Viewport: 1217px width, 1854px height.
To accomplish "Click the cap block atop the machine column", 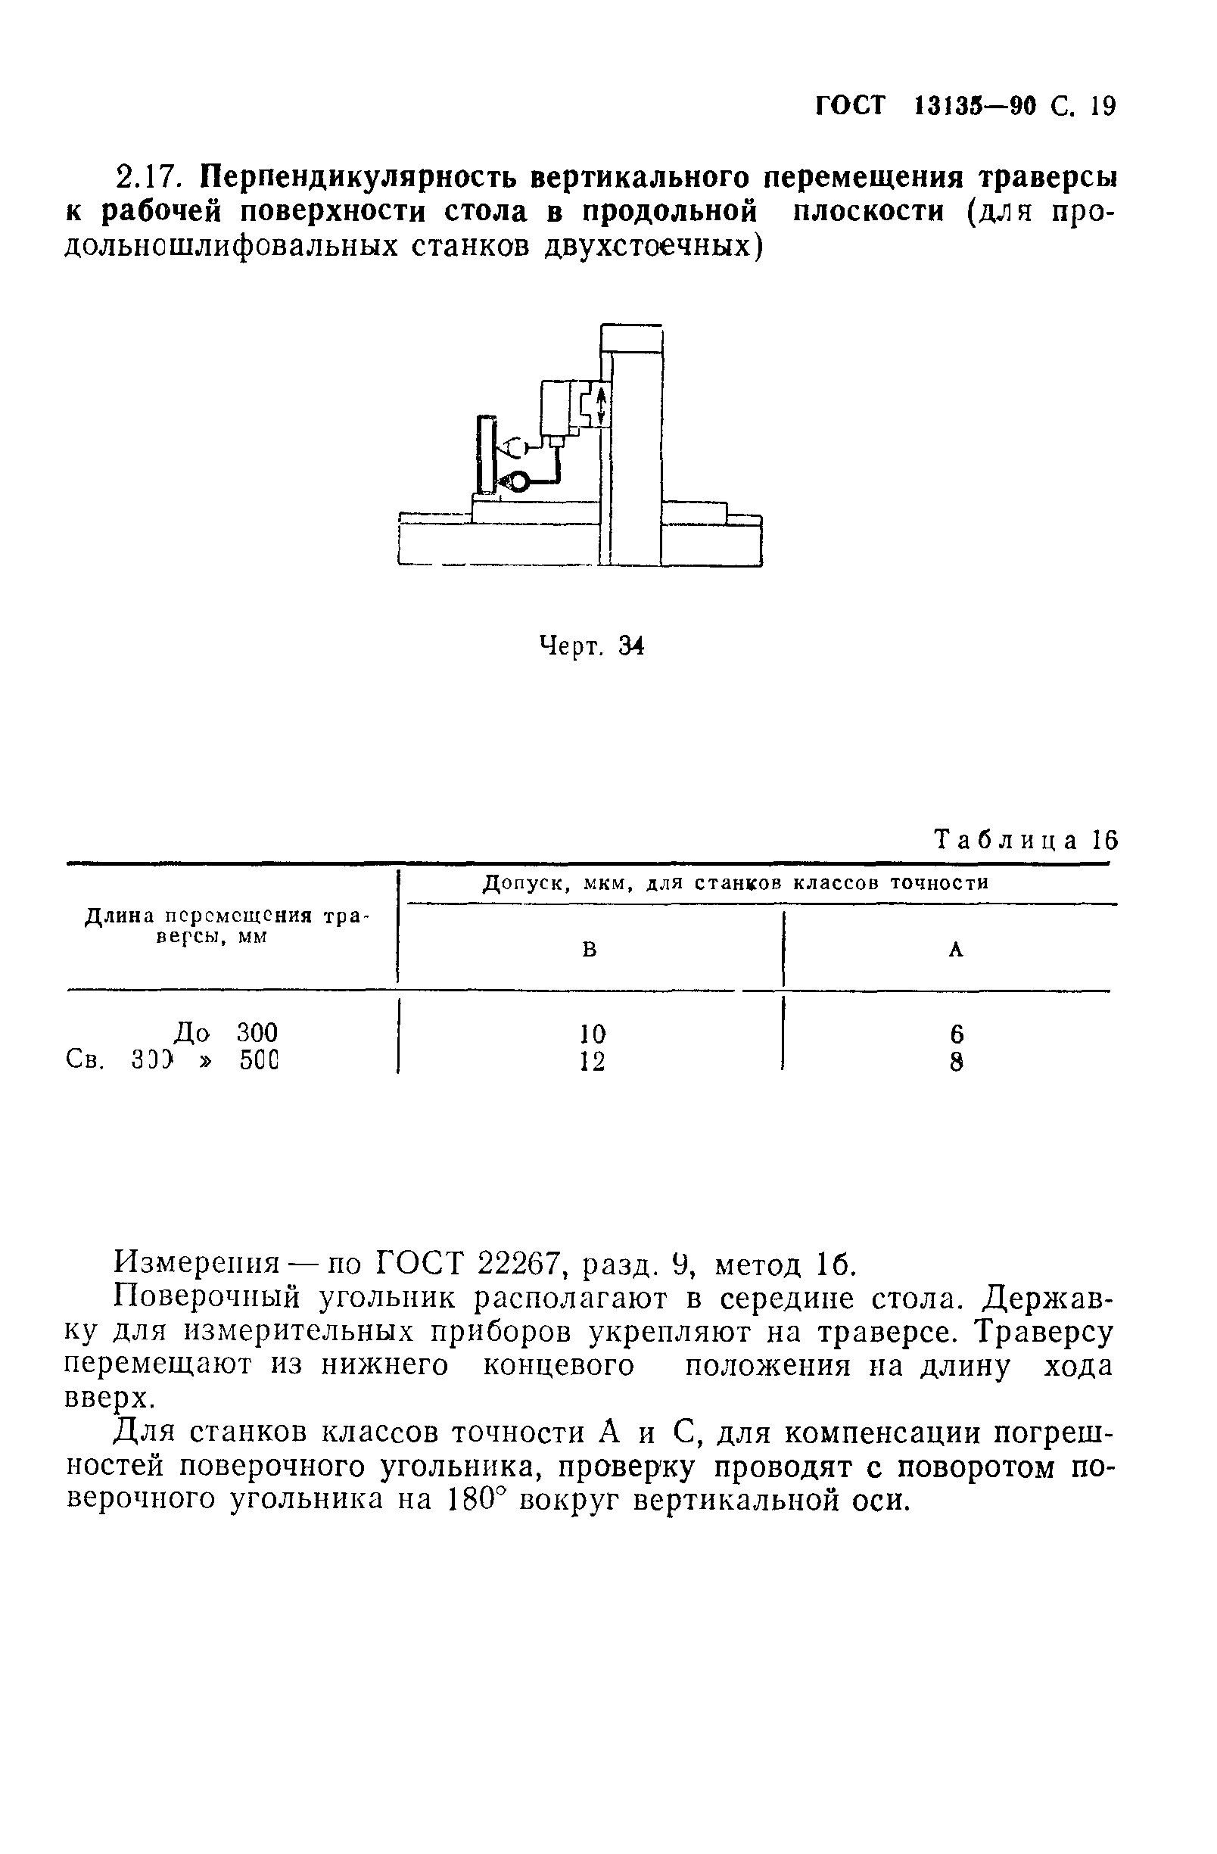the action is (x=632, y=340).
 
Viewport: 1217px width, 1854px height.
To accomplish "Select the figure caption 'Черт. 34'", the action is (x=591, y=645).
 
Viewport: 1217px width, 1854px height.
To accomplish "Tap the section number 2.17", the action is (x=151, y=179).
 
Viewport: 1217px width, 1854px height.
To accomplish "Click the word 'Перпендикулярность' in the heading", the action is (x=359, y=179).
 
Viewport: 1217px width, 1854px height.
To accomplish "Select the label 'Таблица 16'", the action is (x=1026, y=840).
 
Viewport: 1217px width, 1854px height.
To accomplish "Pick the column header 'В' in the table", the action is (x=590, y=950).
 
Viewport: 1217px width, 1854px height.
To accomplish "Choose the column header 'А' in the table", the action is (x=956, y=950).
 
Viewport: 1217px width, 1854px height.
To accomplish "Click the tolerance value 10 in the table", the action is (x=592, y=1034).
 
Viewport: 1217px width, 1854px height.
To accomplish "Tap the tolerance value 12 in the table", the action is (x=592, y=1061).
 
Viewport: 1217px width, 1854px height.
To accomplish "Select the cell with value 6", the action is (x=957, y=1034).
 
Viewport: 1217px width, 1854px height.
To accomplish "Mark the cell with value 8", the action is (x=957, y=1061).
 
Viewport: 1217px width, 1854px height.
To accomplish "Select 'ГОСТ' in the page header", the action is (x=850, y=106).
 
